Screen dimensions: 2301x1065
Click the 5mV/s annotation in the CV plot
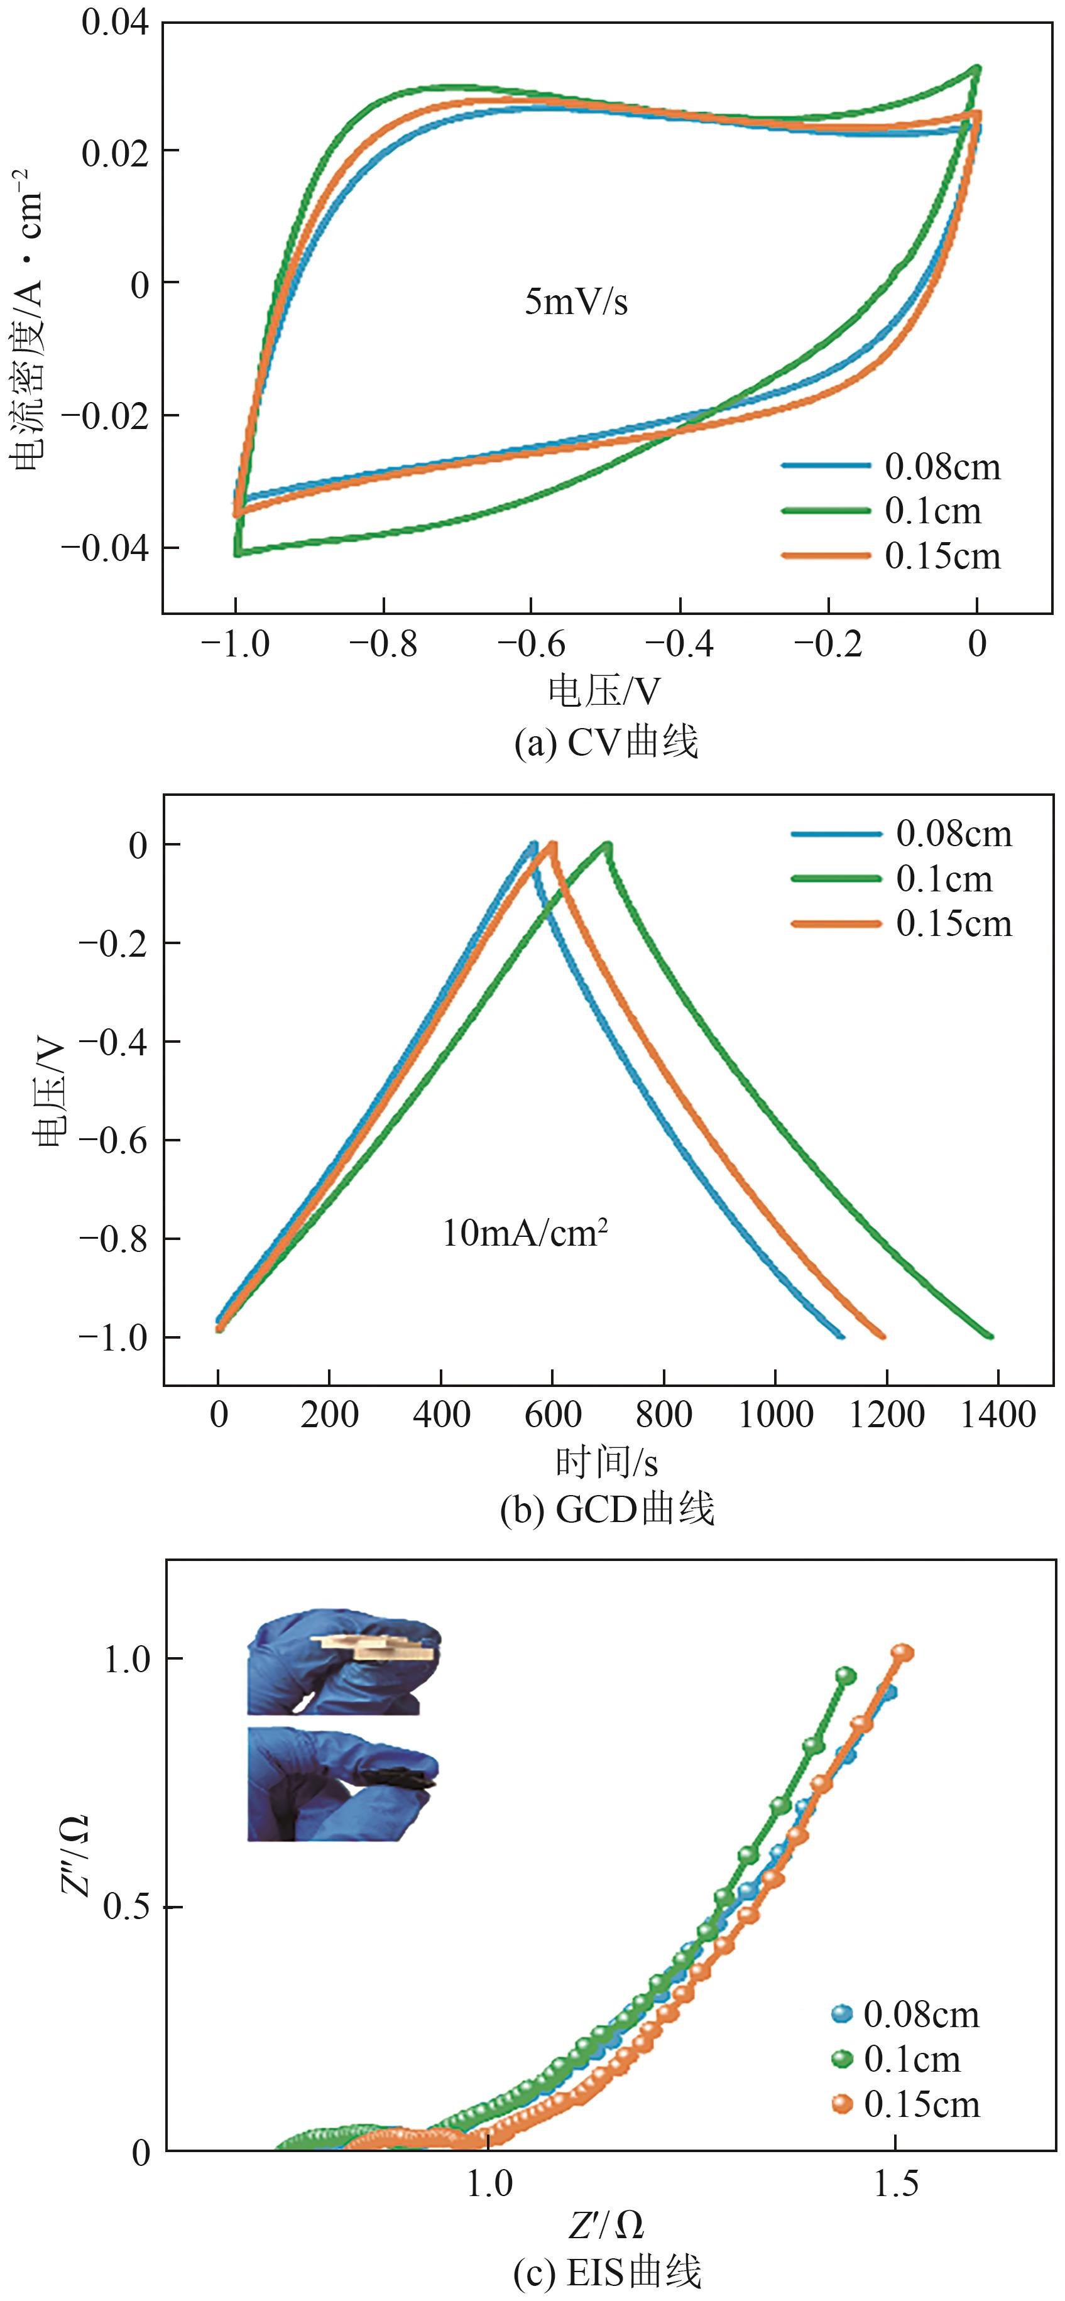[576, 302]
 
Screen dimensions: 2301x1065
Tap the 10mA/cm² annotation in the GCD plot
[525, 1234]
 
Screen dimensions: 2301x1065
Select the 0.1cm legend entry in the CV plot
[933, 511]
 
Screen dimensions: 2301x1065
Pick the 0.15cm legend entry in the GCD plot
[953, 923]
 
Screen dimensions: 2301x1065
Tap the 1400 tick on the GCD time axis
[998, 1414]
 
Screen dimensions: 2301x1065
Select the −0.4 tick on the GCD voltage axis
[112, 1042]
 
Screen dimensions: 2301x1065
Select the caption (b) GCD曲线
[607, 1509]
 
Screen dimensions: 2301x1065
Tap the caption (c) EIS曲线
[607, 2272]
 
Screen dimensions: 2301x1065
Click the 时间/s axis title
[607, 1462]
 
